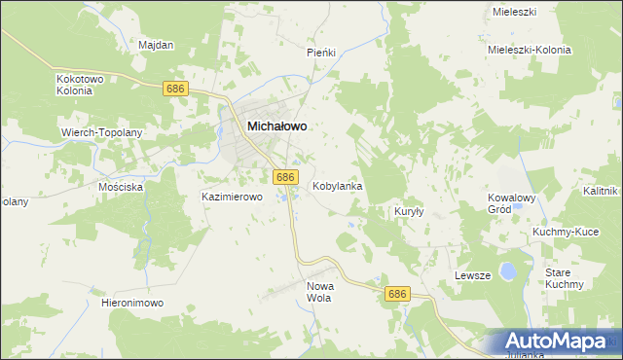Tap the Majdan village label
(x=156, y=45)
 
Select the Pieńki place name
(x=321, y=52)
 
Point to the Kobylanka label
(x=338, y=185)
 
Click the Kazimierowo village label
(x=233, y=197)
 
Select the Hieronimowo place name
(x=132, y=303)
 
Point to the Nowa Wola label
(x=320, y=292)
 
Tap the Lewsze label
(x=472, y=276)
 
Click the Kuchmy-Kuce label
(x=565, y=232)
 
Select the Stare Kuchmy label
(x=564, y=278)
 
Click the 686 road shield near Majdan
(x=176, y=89)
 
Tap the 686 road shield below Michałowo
(x=285, y=177)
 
